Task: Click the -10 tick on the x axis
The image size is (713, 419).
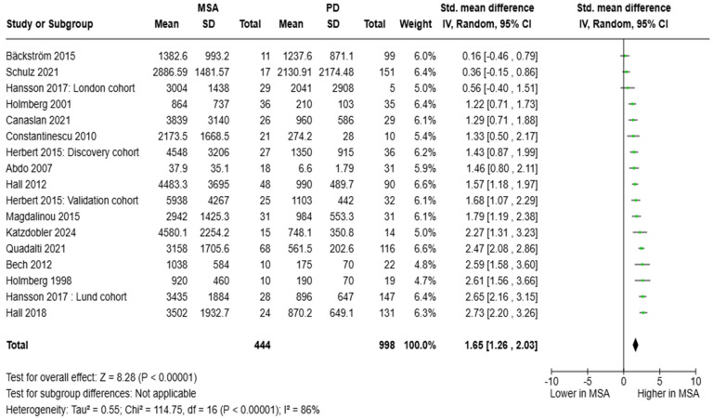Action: click(550, 382)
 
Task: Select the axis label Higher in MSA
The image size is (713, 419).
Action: click(668, 394)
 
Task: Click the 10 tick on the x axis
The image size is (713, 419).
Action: click(695, 382)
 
